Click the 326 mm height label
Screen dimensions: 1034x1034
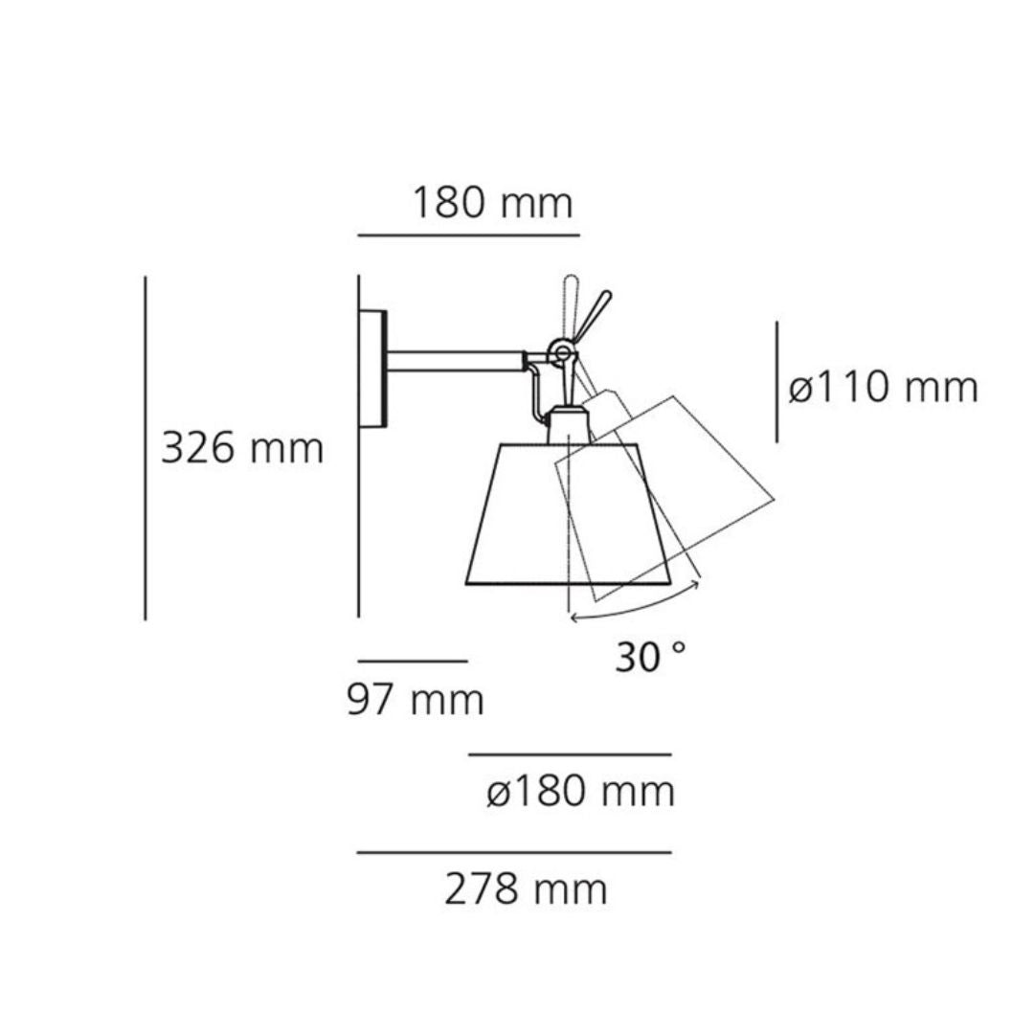(x=241, y=448)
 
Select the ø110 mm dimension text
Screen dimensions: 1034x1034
(x=883, y=388)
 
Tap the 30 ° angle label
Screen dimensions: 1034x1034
(x=650, y=657)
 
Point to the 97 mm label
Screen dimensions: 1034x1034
(x=415, y=701)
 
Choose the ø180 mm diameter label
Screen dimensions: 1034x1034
(x=580, y=792)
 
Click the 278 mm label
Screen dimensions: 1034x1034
(x=526, y=889)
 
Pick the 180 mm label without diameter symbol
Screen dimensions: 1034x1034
(x=492, y=203)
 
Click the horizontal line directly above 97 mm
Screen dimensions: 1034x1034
(x=413, y=661)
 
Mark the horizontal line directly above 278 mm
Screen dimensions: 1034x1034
(x=514, y=851)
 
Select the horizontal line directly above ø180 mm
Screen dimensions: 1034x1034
(x=570, y=754)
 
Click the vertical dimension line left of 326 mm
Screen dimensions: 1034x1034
(x=146, y=448)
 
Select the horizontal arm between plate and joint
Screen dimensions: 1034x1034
(x=455, y=361)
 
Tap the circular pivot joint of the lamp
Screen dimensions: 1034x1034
(x=561, y=352)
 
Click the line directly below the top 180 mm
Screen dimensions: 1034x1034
(x=468, y=234)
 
